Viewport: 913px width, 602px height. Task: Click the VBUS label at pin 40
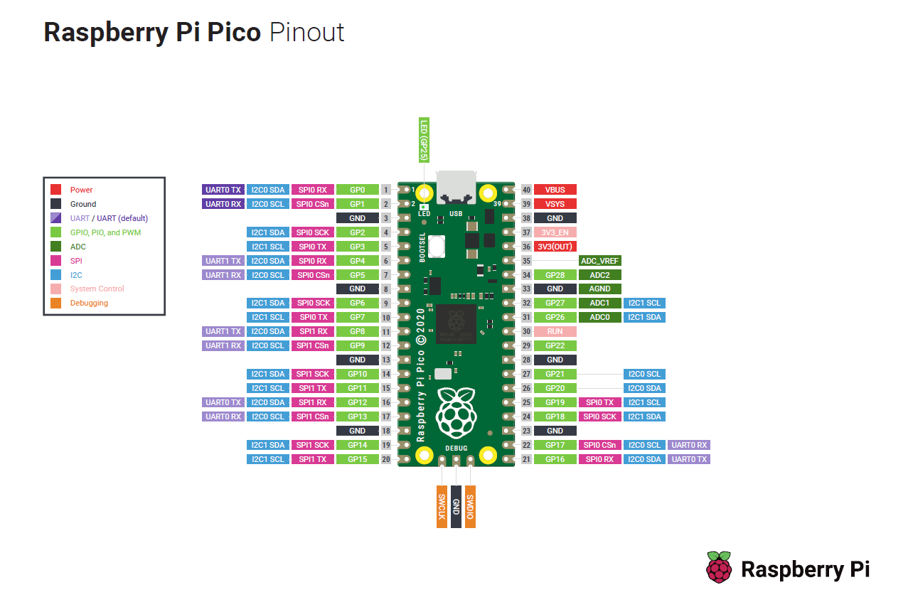pos(555,190)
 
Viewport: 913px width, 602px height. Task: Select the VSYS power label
pos(555,204)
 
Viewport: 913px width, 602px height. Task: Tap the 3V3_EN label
pos(555,232)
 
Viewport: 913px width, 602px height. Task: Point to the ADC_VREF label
pos(599,261)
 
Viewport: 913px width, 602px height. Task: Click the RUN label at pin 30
pos(555,331)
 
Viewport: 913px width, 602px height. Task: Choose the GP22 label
pos(555,346)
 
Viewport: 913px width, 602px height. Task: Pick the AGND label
pos(599,289)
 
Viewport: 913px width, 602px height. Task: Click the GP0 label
pos(358,190)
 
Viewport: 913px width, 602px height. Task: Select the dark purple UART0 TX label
pos(223,190)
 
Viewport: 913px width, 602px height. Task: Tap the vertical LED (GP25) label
pos(424,140)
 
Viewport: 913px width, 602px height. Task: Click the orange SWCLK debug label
pos(442,507)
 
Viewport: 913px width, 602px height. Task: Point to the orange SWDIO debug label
pos(470,507)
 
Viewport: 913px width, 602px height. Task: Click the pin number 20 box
pos(386,459)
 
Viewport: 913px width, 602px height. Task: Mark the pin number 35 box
pos(526,261)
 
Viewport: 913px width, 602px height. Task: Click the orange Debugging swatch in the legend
pos(56,303)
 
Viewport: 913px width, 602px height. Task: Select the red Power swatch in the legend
pos(56,190)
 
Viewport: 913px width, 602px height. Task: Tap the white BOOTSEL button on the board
pos(436,247)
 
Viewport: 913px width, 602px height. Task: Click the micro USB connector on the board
pos(456,188)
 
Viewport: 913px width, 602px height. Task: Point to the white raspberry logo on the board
pos(456,413)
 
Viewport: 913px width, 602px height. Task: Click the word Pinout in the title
pos(307,32)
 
